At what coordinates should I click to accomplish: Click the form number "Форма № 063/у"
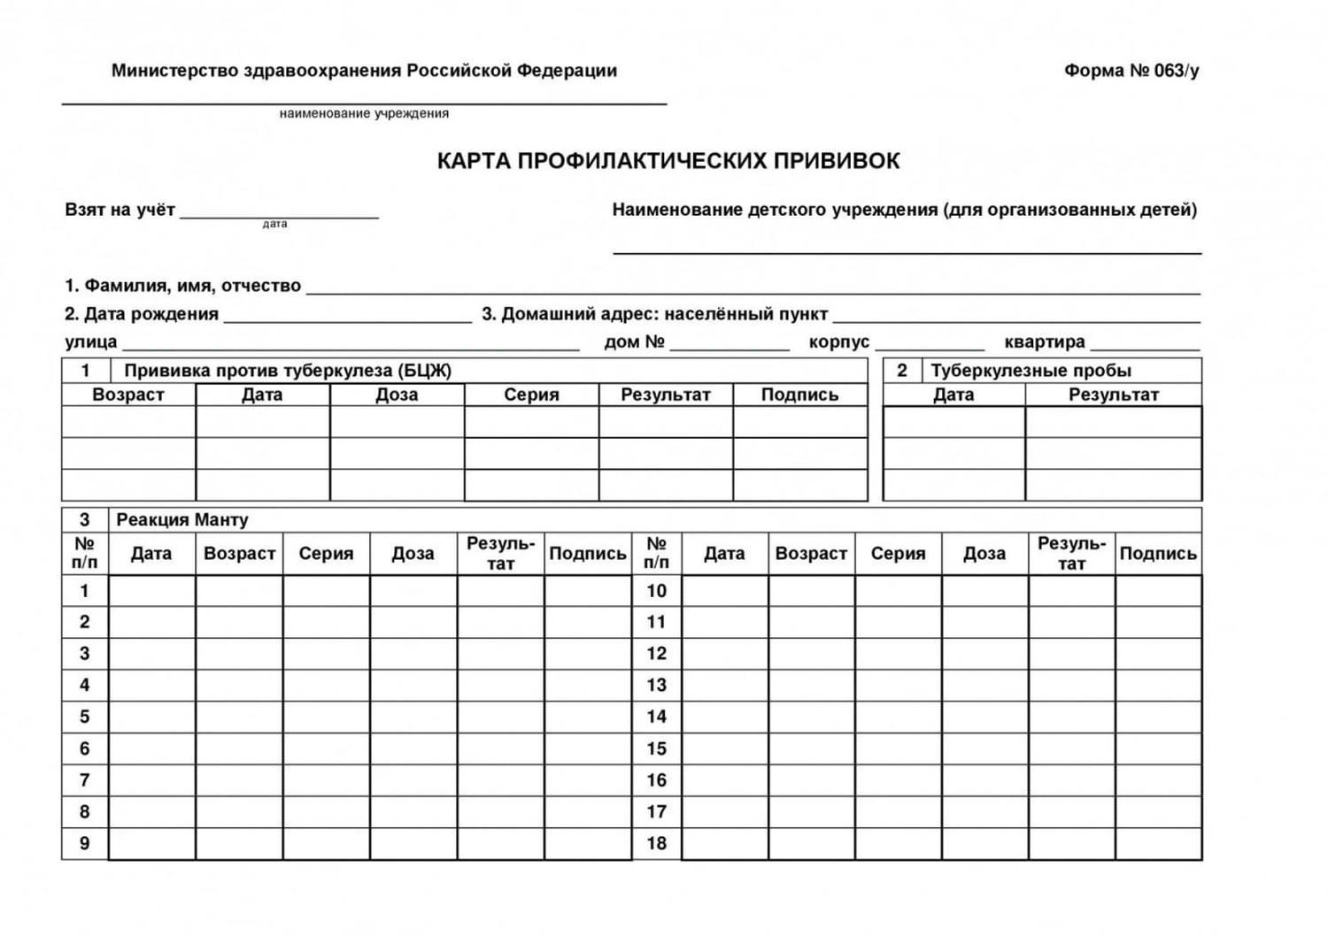(1131, 71)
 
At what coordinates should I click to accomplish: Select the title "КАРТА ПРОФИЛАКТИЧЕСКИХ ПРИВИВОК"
(668, 161)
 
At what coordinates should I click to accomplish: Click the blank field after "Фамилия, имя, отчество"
(753, 287)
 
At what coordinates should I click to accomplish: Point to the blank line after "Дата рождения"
(347, 316)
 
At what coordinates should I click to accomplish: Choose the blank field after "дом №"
(730, 343)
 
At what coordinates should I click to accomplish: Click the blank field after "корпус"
(929, 343)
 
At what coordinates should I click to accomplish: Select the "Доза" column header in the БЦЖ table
(397, 395)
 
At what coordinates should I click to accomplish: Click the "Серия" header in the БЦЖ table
(531, 395)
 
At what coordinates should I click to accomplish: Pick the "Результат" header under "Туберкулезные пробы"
(1113, 395)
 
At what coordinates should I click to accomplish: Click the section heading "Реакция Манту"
(182, 519)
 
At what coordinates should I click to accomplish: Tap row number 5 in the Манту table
(85, 717)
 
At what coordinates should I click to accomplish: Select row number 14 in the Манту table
(656, 717)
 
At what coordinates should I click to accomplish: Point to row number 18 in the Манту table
(656, 843)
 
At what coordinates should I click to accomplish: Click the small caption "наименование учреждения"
(364, 113)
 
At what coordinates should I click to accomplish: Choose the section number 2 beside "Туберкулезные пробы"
(902, 371)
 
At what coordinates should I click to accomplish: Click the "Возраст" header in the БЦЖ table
(128, 395)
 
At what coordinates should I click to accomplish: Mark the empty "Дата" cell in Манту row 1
(151, 591)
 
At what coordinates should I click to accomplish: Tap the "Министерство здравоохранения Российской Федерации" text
(364, 71)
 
